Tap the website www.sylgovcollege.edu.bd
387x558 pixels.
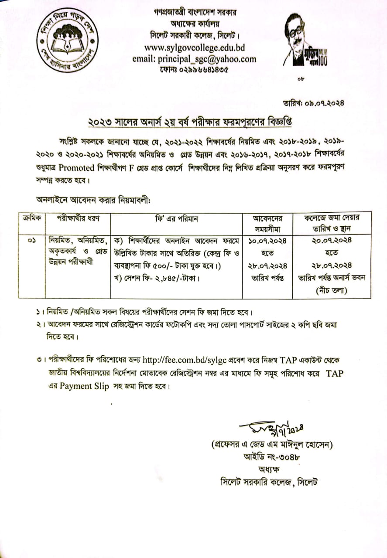tap(194, 47)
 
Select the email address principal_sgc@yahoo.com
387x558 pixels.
tap(194, 59)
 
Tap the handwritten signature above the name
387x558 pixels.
tap(271, 429)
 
